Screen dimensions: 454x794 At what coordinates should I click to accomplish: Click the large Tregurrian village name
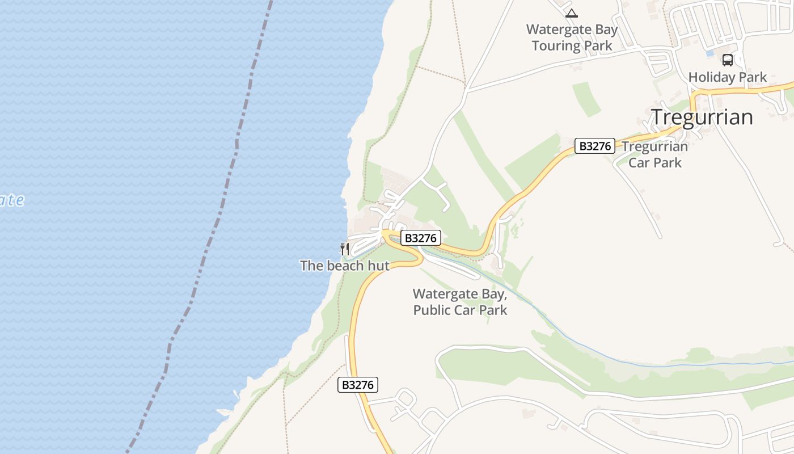point(702,117)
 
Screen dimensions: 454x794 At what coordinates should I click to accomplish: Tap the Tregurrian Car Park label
point(654,154)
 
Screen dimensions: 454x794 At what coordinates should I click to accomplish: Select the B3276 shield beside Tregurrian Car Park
point(595,146)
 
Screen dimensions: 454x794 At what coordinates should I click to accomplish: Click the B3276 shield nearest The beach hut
point(420,238)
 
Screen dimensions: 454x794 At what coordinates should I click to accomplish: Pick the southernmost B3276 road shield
point(358,385)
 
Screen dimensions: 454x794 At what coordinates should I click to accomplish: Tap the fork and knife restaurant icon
point(344,249)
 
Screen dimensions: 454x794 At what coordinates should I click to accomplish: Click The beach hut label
point(344,266)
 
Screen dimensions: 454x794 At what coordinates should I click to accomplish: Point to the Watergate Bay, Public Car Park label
point(460,302)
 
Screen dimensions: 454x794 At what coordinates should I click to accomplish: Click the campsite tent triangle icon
point(572,13)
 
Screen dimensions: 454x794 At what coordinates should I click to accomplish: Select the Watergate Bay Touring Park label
point(572,37)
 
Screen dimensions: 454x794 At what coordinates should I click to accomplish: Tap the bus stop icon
point(727,60)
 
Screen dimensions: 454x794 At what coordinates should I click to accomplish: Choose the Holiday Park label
point(727,77)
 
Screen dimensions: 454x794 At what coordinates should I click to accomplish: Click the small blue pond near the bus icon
point(709,53)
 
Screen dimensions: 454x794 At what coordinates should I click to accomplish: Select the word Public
point(436,310)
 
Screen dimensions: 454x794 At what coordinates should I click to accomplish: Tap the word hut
point(379,266)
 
